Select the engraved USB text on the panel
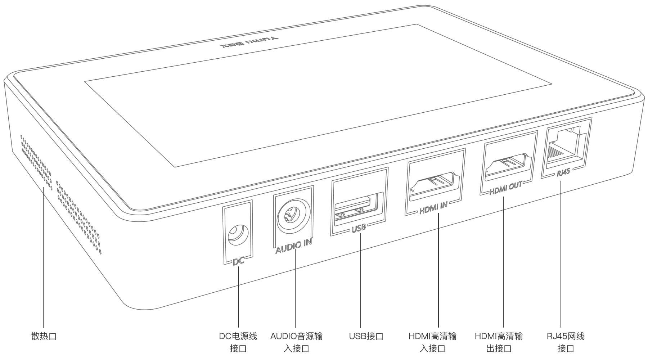(x=359, y=228)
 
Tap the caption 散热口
(x=44, y=337)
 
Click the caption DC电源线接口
(x=238, y=342)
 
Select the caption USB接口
(x=366, y=337)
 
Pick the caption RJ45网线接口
(x=566, y=342)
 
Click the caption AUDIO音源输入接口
(x=296, y=342)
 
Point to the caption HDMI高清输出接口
(x=499, y=342)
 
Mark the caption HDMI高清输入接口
(x=432, y=342)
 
